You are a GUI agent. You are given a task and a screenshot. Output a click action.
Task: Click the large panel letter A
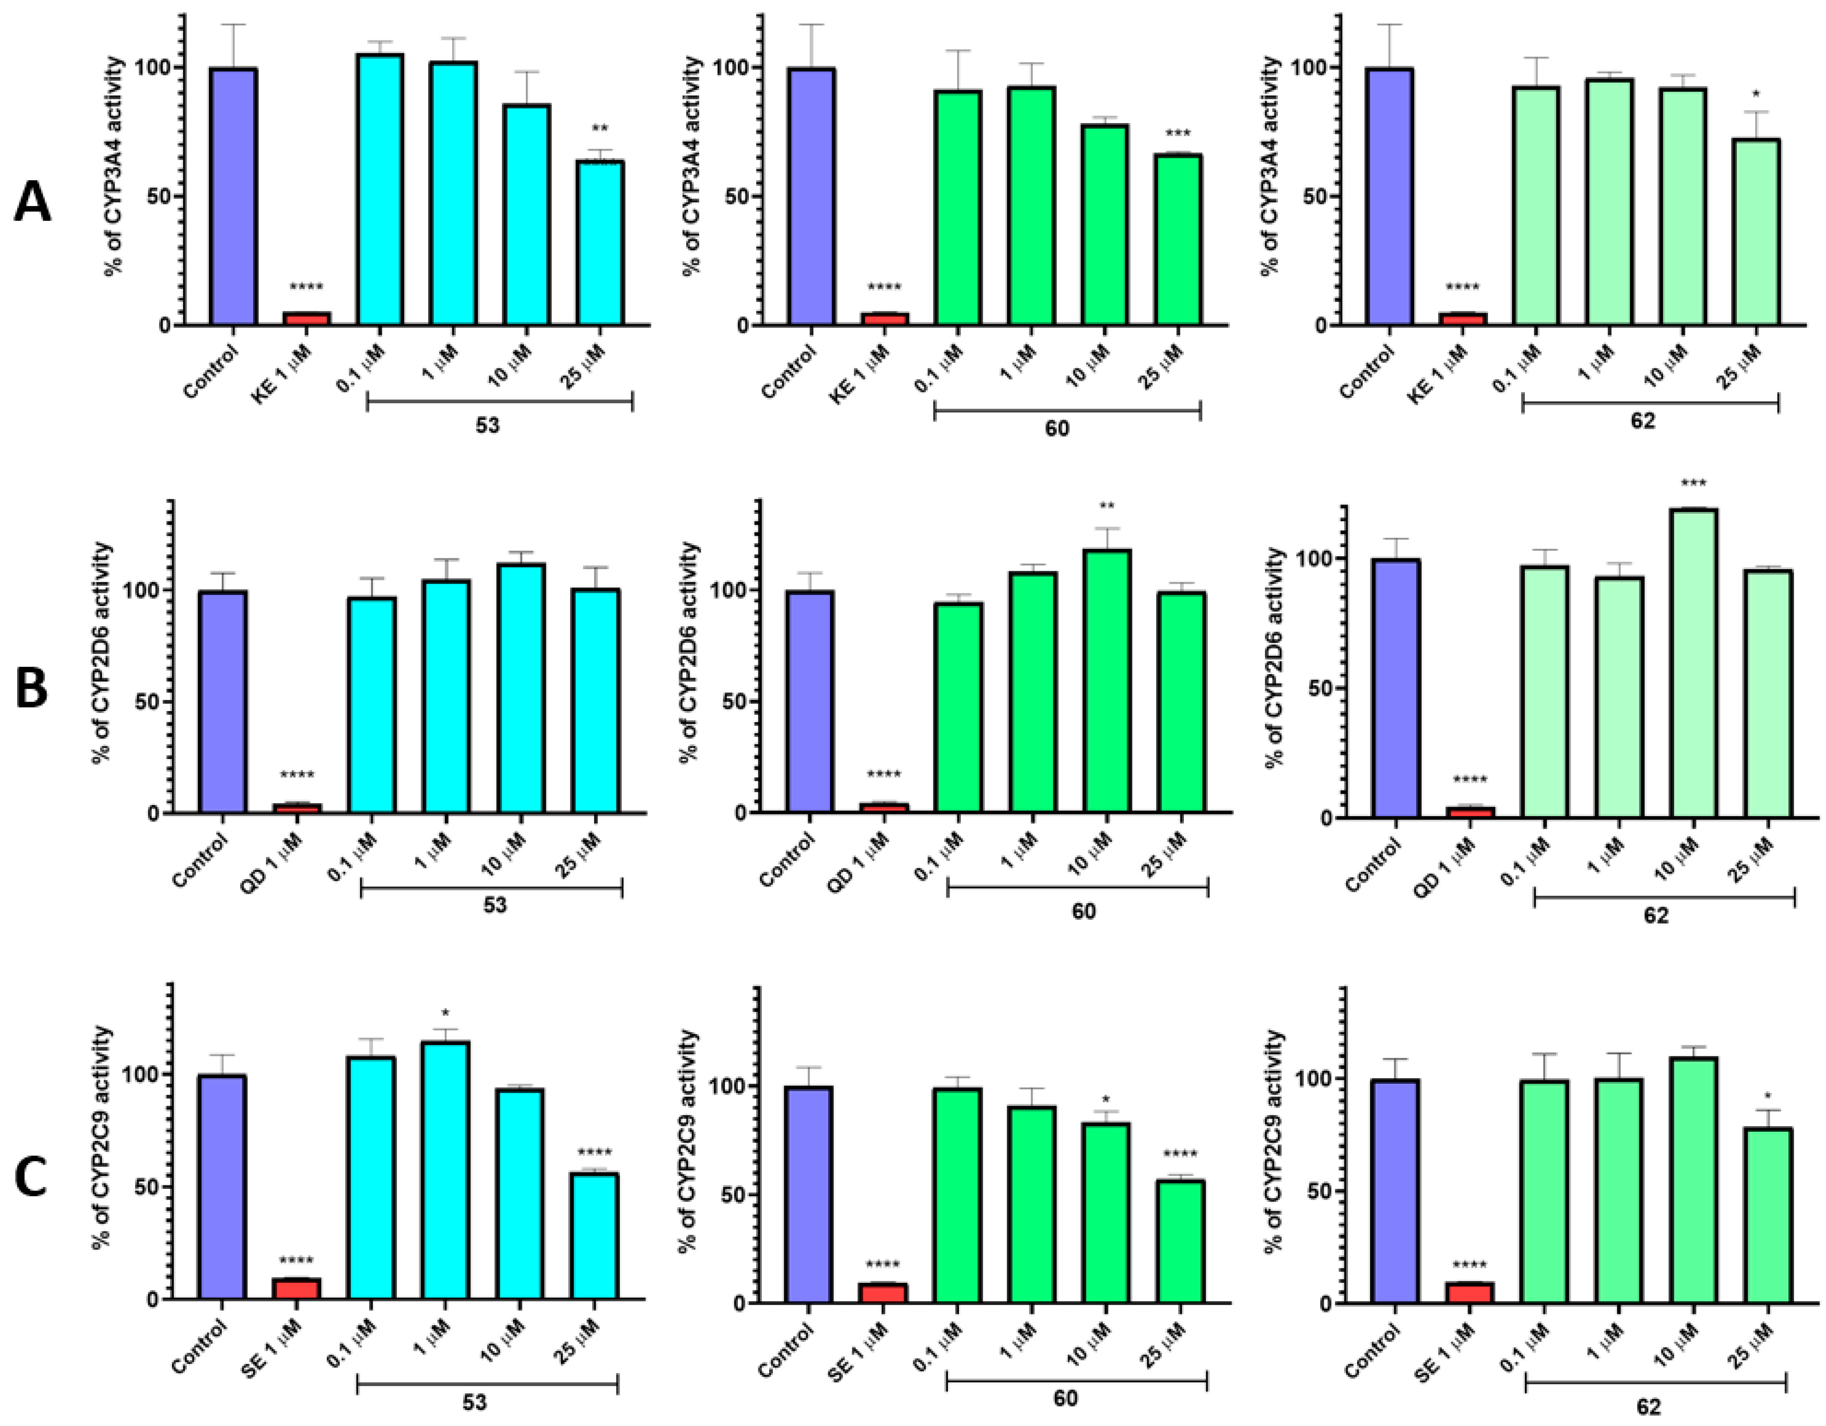click(x=32, y=203)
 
